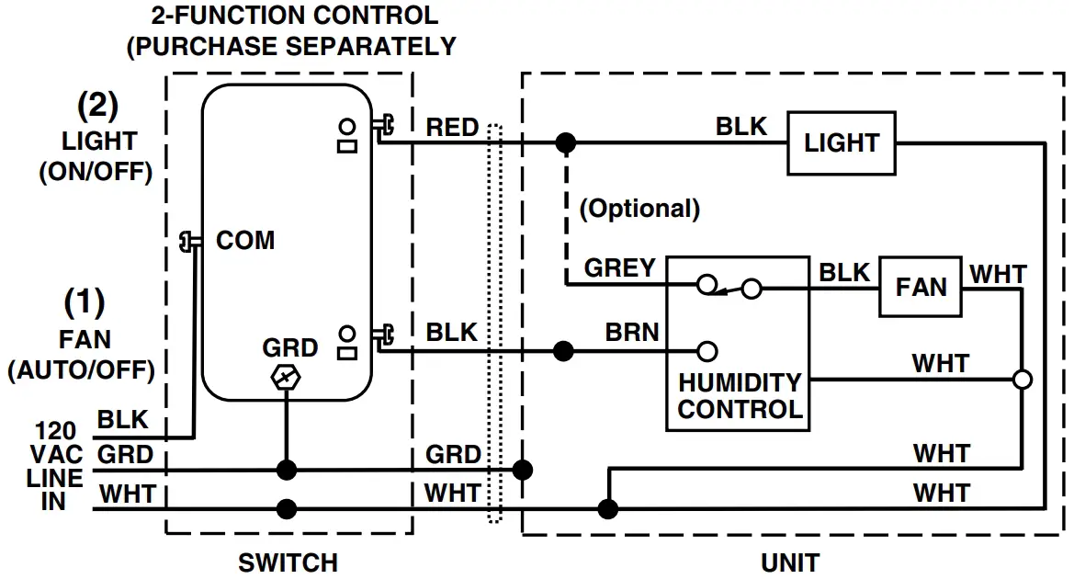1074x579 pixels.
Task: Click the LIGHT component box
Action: click(x=841, y=142)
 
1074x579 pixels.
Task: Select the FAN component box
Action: click(x=921, y=287)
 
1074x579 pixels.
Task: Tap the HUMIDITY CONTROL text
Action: click(x=740, y=395)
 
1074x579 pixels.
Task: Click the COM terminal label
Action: click(x=244, y=241)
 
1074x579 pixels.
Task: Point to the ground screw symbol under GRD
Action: click(x=288, y=378)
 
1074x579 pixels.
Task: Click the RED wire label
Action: click(x=452, y=128)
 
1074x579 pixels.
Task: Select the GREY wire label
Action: click(x=620, y=267)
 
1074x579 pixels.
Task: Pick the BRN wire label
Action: click(x=632, y=332)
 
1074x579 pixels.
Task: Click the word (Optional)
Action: click(x=639, y=209)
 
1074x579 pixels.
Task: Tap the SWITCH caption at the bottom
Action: click(x=288, y=562)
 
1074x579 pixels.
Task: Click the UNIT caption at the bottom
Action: click(x=790, y=562)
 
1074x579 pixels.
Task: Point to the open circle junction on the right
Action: click(x=1022, y=379)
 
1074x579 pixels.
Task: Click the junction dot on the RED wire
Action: click(x=566, y=142)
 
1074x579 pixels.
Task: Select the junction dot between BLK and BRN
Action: click(x=564, y=350)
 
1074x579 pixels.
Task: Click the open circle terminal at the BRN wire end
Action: click(x=707, y=350)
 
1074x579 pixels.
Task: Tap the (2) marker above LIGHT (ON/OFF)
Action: click(x=96, y=107)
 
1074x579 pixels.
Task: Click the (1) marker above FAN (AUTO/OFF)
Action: click(x=85, y=301)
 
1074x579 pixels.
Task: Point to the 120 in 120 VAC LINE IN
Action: click(x=55, y=430)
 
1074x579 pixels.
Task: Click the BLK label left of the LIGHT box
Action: click(x=740, y=126)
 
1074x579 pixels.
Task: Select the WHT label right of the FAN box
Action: click(x=999, y=273)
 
